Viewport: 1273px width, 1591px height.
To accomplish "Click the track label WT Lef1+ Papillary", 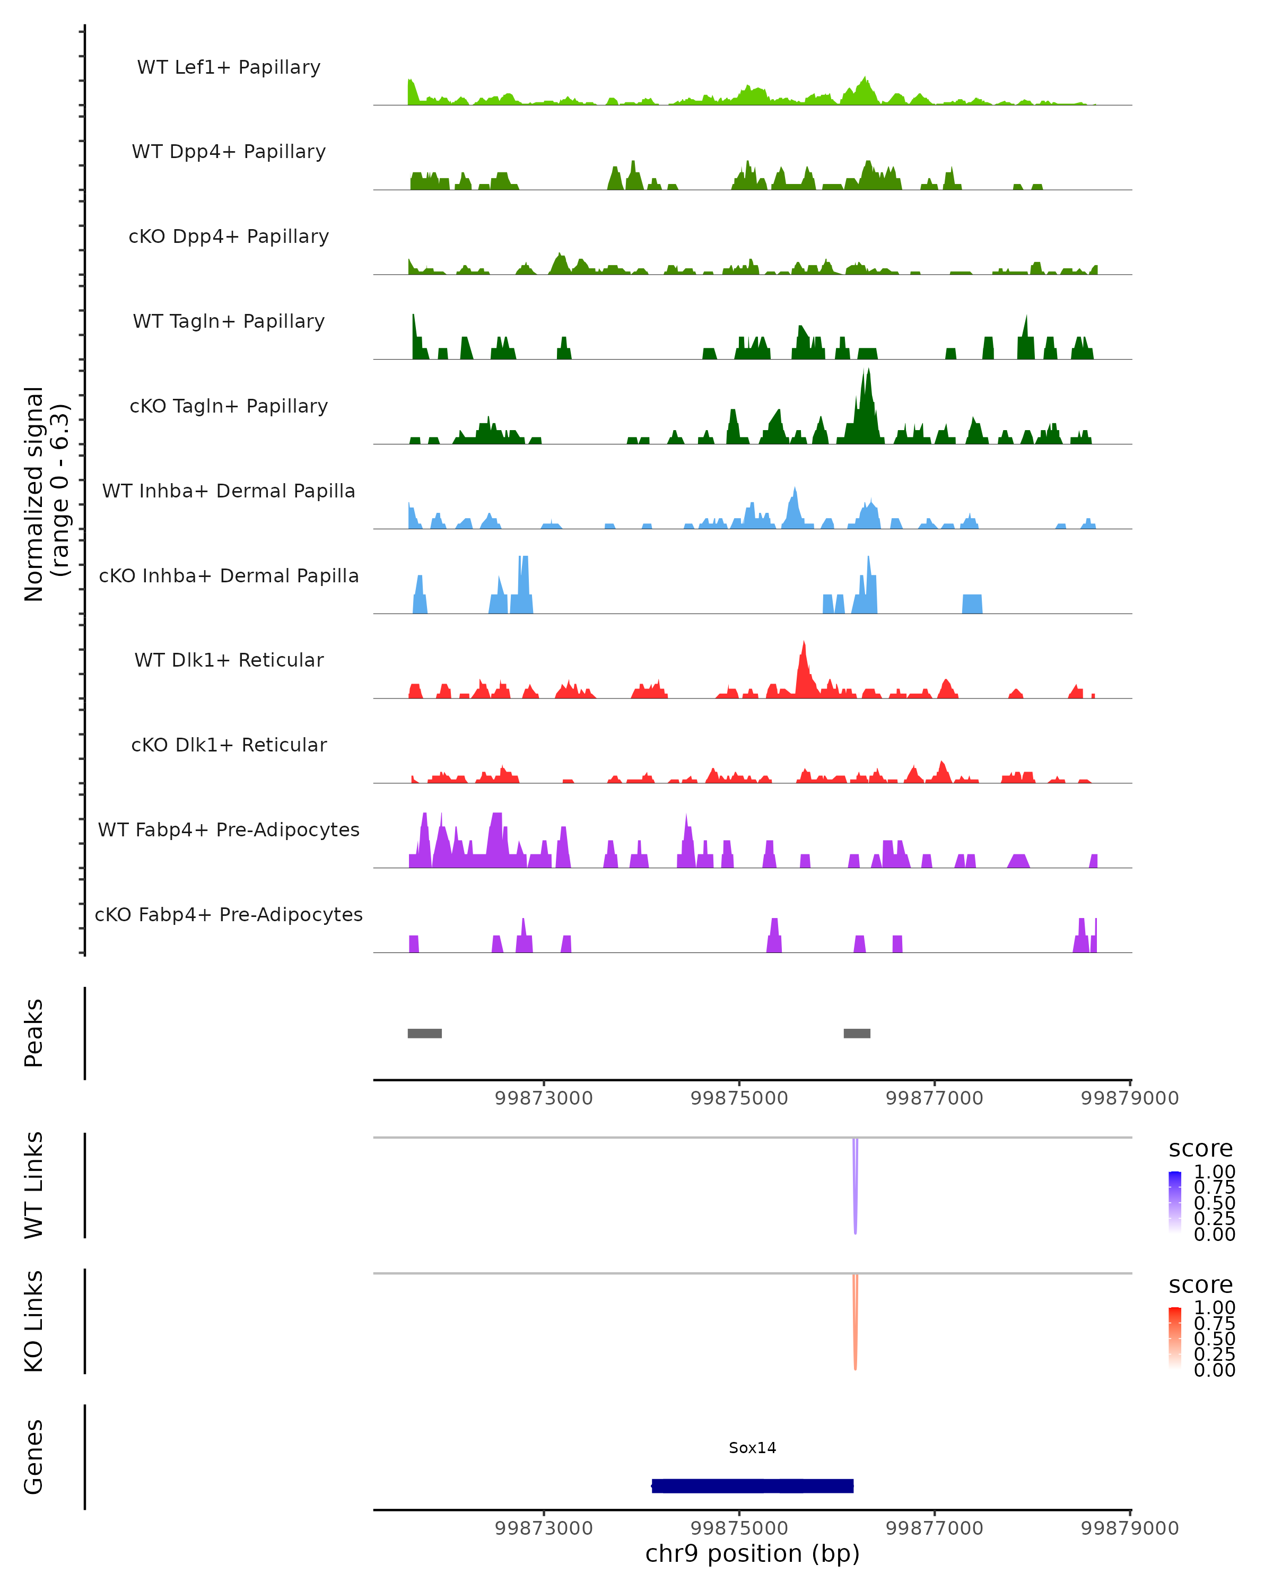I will (x=229, y=67).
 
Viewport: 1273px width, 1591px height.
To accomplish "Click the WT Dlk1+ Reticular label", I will (x=229, y=660).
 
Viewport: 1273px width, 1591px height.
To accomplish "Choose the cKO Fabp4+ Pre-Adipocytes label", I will (x=229, y=914).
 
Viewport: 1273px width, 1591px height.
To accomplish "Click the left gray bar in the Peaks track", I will (x=424, y=1033).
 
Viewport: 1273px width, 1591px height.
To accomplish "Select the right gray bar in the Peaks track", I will (x=857, y=1033).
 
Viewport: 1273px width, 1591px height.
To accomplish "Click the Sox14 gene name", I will (x=752, y=1448).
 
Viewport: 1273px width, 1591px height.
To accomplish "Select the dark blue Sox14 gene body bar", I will (x=752, y=1485).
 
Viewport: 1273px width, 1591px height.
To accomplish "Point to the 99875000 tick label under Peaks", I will (x=739, y=1098).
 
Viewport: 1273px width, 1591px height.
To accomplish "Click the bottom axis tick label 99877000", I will (x=934, y=1528).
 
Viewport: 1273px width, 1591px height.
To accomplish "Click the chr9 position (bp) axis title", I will (x=752, y=1554).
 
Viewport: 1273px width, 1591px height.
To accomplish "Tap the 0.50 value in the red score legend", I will (x=1214, y=1339).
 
